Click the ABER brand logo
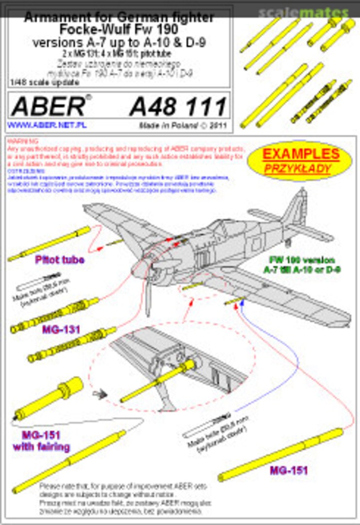coord(47,106)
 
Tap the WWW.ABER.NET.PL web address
coord(47,125)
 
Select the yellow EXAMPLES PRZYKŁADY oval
coord(300,160)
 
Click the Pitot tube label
coord(59,260)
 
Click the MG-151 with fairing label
coord(45,439)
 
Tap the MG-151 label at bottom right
coord(289,470)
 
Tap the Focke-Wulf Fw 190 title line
coord(119,30)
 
